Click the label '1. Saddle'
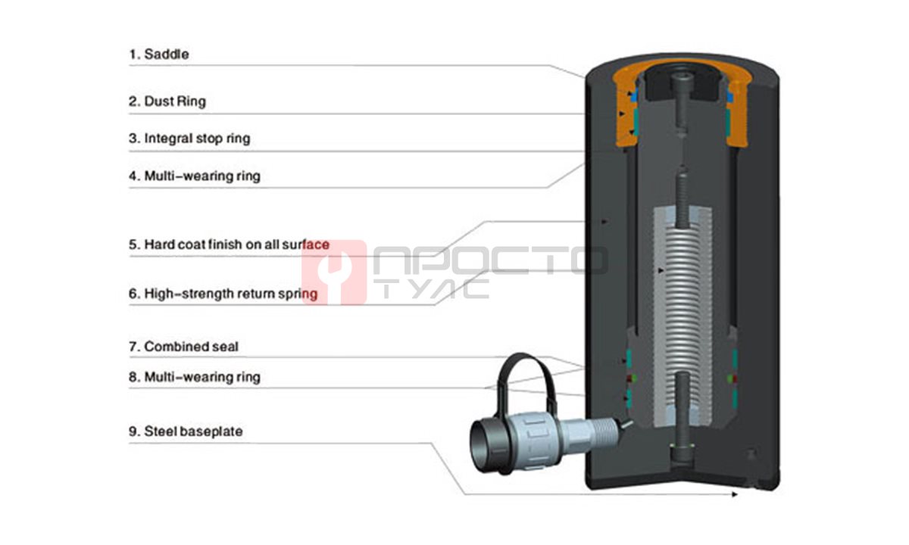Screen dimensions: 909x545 158,54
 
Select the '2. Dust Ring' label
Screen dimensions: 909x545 167,101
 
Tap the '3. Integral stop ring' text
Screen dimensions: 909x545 189,139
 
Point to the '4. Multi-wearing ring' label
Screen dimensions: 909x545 195,176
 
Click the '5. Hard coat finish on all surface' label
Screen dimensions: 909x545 230,244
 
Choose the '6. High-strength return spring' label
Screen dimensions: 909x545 223,294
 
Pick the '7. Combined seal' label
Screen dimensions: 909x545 183,347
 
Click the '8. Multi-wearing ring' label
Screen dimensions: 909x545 195,377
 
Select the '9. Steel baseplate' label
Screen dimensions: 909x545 186,431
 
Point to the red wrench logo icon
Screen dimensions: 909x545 334,272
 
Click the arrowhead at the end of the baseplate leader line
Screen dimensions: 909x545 734,494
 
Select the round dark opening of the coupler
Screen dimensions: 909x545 483,447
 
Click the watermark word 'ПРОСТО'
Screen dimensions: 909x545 490,260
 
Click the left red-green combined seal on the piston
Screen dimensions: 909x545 630,378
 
